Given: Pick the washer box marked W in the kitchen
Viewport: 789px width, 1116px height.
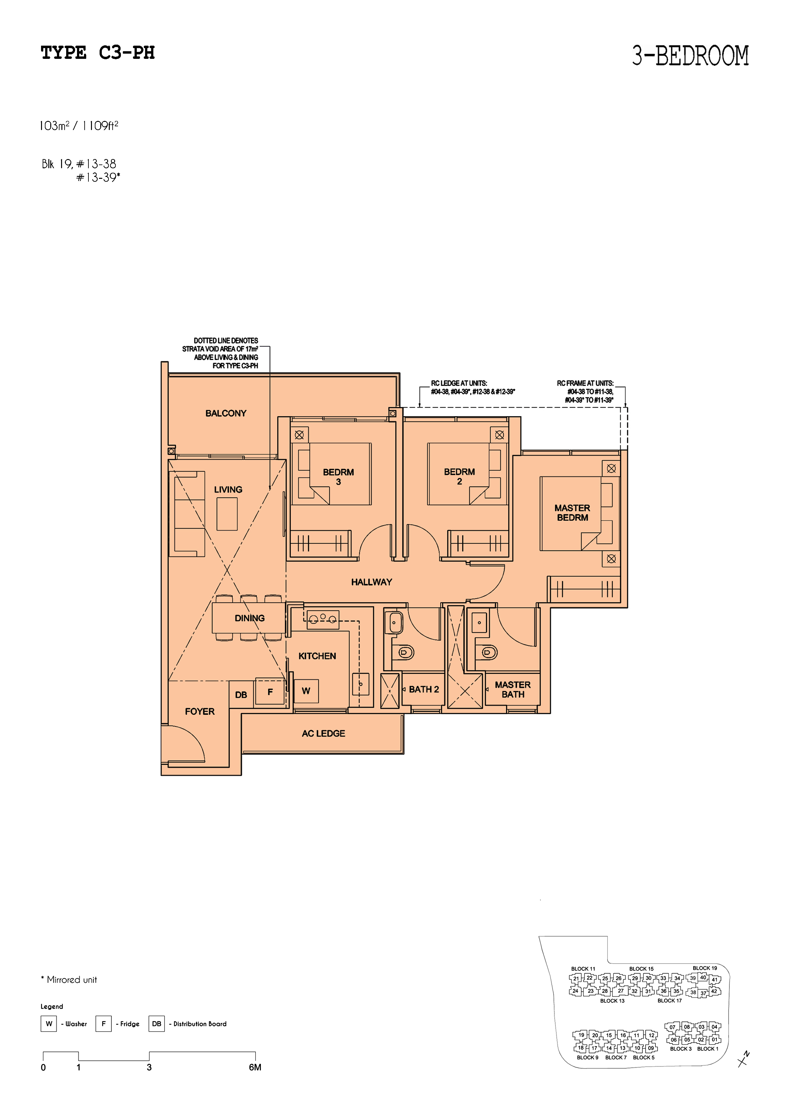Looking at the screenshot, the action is click(x=306, y=691).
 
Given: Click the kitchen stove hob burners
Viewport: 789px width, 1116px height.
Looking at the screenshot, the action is click(x=323, y=618).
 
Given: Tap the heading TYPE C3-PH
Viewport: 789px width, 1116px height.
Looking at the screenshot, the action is click(x=98, y=52).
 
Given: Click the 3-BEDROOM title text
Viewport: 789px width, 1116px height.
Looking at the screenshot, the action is click(x=690, y=55).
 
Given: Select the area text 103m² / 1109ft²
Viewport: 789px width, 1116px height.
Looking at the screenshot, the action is click(x=79, y=126).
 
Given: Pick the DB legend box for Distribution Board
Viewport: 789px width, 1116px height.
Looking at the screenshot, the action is click(x=157, y=1024).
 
